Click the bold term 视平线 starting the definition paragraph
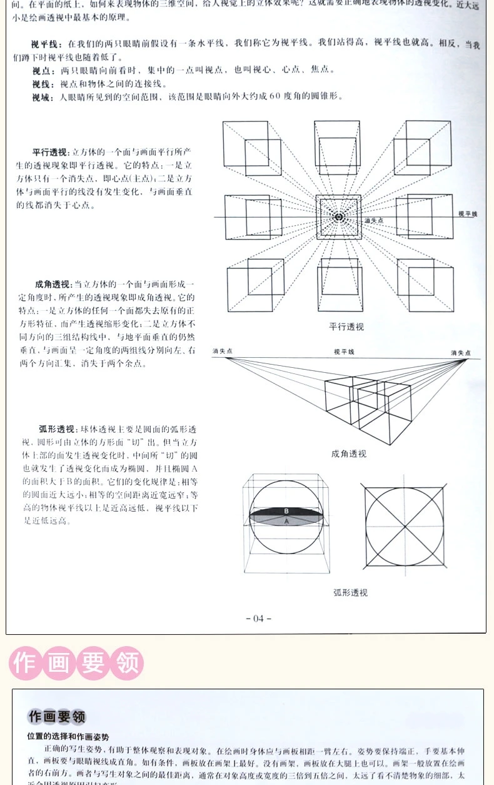click(46, 44)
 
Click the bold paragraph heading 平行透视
click(50, 153)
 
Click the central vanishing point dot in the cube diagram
click(338, 217)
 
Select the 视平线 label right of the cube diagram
click(467, 214)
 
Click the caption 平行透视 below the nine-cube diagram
click(346, 327)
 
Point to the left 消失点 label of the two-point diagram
click(222, 352)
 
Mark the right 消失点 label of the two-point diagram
click(461, 353)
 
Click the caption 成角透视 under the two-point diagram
click(349, 453)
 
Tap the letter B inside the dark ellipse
click(286, 511)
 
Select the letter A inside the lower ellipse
click(286, 521)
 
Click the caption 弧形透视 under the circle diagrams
click(350, 592)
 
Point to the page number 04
click(258, 619)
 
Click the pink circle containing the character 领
click(127, 663)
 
